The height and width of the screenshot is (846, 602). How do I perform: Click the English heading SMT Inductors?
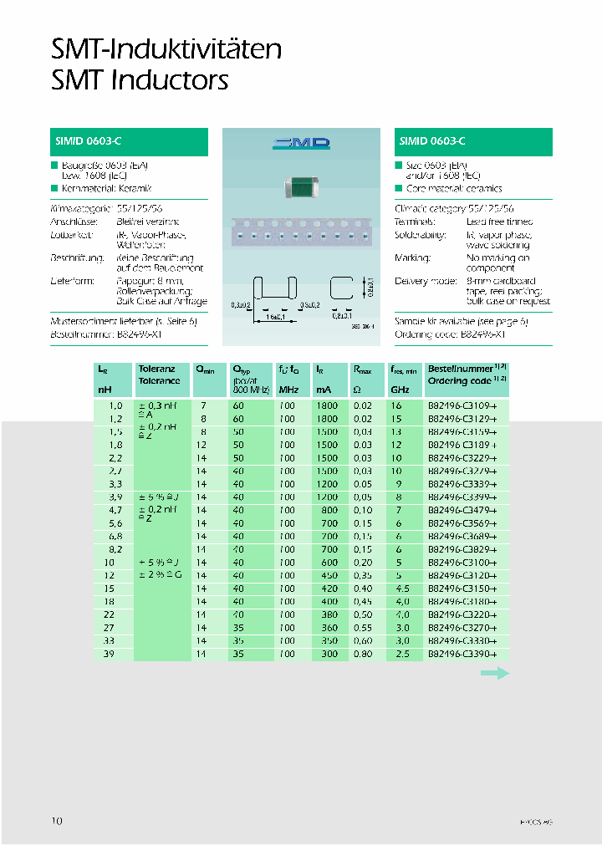click(x=140, y=80)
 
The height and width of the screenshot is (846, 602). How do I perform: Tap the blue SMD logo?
click(x=301, y=144)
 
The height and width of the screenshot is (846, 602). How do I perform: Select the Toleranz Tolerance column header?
click(x=160, y=375)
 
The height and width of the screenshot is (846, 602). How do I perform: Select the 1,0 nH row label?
click(x=105, y=406)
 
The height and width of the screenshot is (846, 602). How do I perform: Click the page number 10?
click(x=57, y=821)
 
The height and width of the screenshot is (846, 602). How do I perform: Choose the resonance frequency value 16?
click(x=396, y=406)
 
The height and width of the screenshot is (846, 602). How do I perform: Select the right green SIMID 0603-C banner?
click(x=473, y=142)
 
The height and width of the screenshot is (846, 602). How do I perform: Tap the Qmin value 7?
click(x=202, y=406)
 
